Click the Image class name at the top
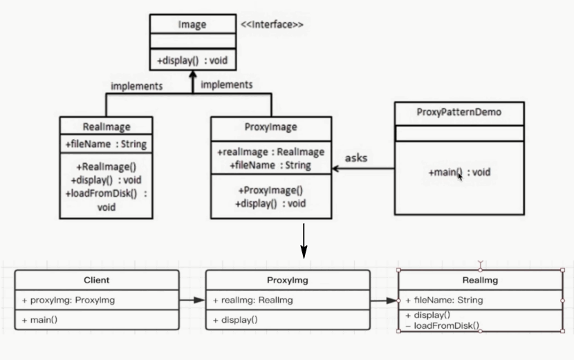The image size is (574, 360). click(192, 25)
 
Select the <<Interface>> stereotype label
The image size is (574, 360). click(272, 25)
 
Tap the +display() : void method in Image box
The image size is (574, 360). click(192, 61)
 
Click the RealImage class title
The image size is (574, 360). click(106, 126)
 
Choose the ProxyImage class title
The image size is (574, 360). click(270, 126)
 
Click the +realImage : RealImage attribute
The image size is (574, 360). click(270, 152)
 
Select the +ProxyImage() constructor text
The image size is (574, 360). click(270, 190)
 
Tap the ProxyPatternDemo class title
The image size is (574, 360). click(459, 112)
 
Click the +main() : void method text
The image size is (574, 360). click(459, 172)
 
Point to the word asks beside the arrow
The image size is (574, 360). click(355, 158)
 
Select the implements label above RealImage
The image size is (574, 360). click(136, 86)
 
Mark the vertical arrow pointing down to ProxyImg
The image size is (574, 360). click(303, 240)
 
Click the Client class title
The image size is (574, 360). click(96, 281)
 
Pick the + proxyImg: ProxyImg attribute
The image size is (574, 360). click(68, 300)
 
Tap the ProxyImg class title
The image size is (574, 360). click(287, 281)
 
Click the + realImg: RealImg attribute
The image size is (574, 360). click(253, 300)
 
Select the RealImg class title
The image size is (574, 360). click(480, 281)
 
